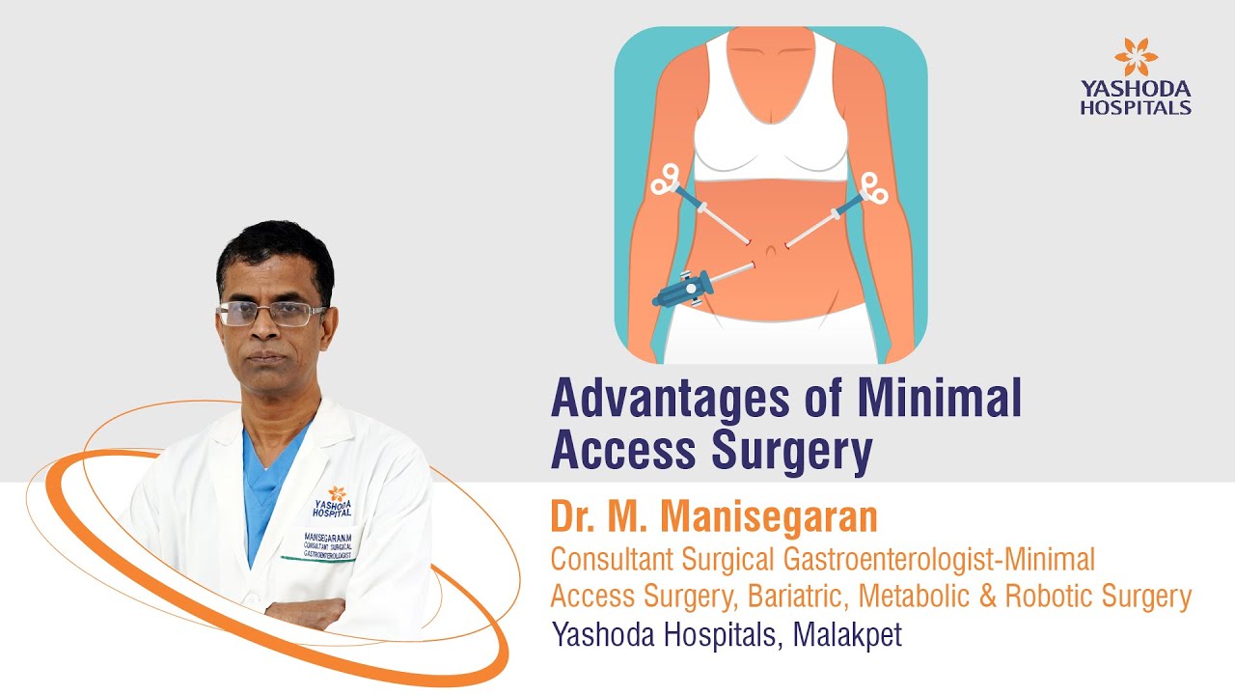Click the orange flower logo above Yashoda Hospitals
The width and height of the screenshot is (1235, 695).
1135,56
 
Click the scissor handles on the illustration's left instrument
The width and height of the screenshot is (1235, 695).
666,179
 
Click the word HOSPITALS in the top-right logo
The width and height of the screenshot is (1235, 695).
1135,107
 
